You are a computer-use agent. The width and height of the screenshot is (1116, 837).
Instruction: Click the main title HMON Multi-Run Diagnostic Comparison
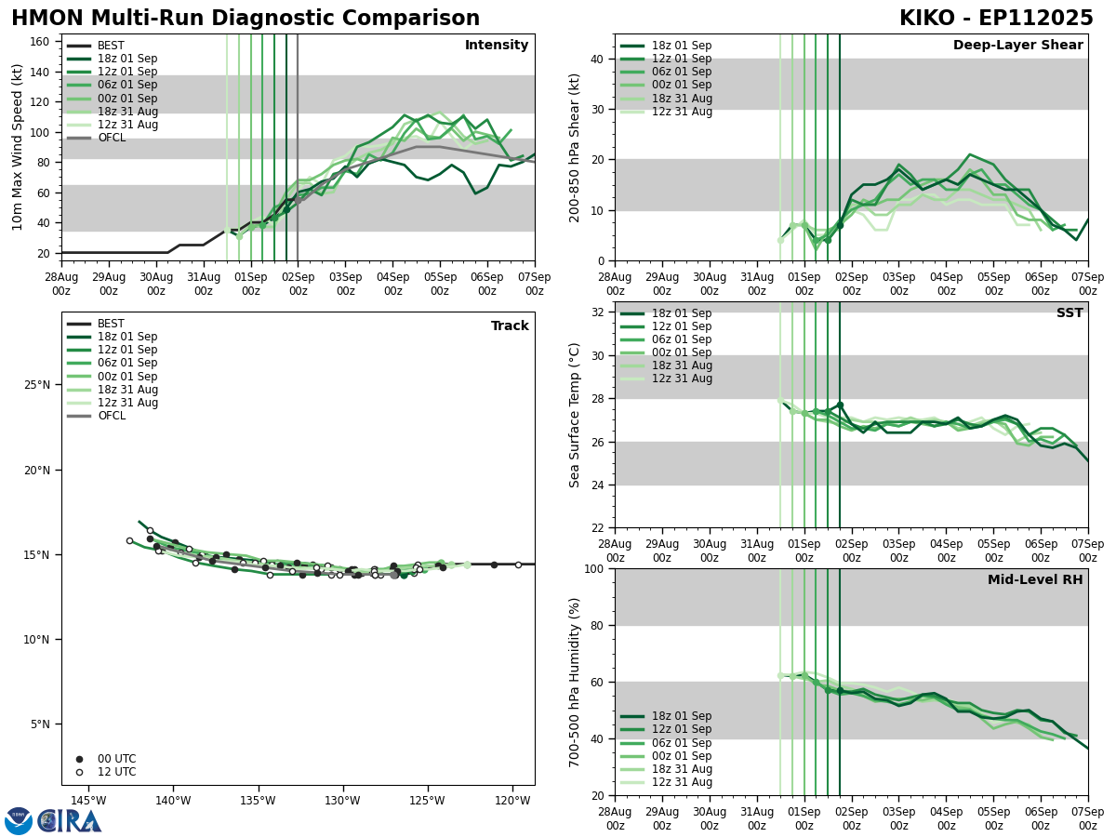[246, 19]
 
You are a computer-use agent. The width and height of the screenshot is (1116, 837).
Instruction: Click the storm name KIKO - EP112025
[996, 19]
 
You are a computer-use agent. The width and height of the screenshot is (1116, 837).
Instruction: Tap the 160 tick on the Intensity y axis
[42, 42]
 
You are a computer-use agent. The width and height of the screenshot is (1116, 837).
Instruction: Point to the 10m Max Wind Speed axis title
[18, 147]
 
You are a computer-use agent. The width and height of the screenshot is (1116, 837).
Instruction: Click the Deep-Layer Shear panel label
[1017, 46]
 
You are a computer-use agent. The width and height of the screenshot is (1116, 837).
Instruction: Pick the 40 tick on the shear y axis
[597, 59]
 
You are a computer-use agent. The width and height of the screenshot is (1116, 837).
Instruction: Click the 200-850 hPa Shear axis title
[575, 147]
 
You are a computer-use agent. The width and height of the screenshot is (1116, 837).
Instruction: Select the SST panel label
[1069, 313]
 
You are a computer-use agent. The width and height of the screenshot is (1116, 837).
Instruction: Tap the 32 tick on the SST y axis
[597, 312]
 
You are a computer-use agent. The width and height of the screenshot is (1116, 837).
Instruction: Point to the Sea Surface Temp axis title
[575, 415]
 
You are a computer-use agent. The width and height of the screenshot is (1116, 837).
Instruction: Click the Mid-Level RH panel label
[1035, 580]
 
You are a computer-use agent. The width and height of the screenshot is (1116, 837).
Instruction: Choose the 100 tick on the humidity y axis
[592, 568]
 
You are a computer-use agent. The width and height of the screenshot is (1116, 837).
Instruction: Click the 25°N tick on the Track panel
[37, 385]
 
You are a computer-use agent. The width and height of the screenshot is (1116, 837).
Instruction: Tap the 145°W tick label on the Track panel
[88, 801]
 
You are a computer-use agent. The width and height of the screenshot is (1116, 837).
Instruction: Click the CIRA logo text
[70, 820]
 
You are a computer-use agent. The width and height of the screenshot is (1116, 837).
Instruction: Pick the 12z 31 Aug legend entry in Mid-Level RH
[681, 782]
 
